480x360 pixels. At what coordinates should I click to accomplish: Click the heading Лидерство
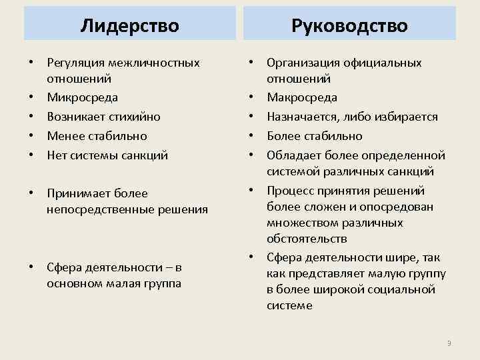click(129, 25)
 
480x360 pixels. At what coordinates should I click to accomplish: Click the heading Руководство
click(350, 25)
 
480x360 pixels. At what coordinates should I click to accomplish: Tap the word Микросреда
click(82, 97)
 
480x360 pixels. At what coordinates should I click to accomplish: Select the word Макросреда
click(302, 97)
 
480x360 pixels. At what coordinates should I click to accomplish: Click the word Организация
click(303, 63)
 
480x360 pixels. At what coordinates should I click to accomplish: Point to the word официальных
click(383, 63)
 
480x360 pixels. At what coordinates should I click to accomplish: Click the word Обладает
click(292, 155)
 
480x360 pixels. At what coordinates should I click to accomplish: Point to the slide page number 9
click(449, 343)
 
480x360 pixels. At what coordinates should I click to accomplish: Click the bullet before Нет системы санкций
click(31, 155)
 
